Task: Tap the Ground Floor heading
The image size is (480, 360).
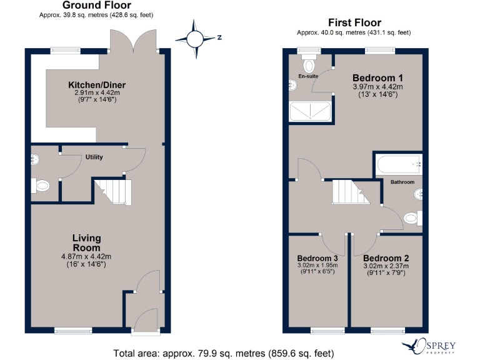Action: tap(96, 6)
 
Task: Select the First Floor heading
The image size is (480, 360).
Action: tap(354, 23)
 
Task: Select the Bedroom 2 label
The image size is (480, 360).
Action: tap(386, 258)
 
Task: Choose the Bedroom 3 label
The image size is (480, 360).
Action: tap(317, 258)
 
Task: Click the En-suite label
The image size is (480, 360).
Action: tap(308, 76)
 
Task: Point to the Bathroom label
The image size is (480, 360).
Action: tap(402, 182)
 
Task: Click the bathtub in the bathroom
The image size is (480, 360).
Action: tap(398, 164)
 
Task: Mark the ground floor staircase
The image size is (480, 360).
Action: tap(113, 191)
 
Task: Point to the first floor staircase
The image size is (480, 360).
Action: tap(351, 192)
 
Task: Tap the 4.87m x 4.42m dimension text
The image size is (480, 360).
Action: tap(86, 256)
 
